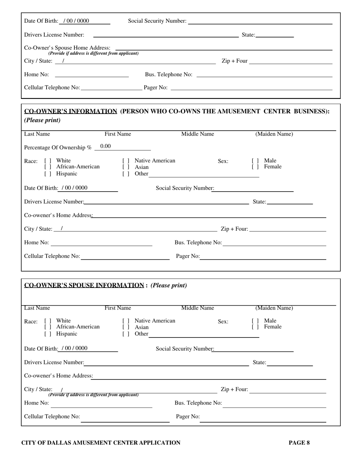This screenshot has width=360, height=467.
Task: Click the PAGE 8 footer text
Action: (299, 442)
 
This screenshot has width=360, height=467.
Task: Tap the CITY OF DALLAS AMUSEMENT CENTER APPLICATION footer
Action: (101, 442)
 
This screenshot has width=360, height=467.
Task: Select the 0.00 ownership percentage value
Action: (106, 147)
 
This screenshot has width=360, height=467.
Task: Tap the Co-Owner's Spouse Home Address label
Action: (67, 48)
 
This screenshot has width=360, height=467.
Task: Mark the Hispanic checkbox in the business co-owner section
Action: (48, 174)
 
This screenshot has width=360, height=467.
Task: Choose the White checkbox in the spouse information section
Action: (48, 321)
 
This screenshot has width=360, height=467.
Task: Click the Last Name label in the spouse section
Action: (37, 308)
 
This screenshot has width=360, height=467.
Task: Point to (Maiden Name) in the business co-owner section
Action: (274, 134)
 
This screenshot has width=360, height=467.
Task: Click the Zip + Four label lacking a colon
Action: (234, 61)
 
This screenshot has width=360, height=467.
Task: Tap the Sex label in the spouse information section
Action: (223, 322)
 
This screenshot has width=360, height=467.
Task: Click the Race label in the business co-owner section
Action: (31, 161)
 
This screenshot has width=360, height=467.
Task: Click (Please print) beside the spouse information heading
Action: (169, 285)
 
